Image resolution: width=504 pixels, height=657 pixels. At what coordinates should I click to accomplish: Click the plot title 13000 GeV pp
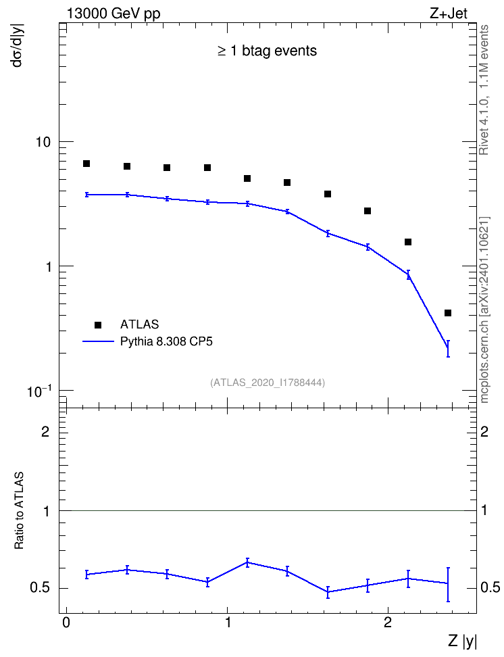[114, 14]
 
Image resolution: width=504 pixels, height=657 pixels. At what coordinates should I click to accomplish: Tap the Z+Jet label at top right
[449, 14]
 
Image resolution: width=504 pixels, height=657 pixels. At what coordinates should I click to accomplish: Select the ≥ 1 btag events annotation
[268, 51]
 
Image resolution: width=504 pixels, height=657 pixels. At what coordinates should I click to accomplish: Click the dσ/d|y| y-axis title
[18, 45]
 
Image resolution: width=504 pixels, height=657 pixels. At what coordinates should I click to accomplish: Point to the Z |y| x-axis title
[463, 641]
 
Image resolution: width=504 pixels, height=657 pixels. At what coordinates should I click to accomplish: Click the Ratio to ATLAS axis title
[19, 510]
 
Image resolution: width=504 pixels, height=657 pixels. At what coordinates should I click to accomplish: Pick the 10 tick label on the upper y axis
[43, 142]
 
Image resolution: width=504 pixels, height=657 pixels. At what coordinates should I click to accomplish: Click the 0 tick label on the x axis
[66, 622]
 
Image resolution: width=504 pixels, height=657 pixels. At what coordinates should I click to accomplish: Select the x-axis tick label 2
[388, 622]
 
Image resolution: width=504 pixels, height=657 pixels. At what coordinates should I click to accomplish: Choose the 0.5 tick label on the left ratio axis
[40, 588]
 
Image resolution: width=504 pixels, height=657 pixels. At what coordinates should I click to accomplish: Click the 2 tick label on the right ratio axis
[484, 431]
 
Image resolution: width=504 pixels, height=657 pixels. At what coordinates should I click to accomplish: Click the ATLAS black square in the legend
[98, 324]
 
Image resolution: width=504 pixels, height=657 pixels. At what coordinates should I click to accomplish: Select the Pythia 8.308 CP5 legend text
[166, 341]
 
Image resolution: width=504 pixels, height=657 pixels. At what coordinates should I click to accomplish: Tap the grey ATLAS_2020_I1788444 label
[268, 382]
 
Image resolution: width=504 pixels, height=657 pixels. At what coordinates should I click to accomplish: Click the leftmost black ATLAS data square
[86, 164]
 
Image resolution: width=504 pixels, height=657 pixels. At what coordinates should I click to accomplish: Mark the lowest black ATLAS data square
[448, 313]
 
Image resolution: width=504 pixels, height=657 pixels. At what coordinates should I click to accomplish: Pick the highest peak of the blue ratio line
[247, 562]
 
